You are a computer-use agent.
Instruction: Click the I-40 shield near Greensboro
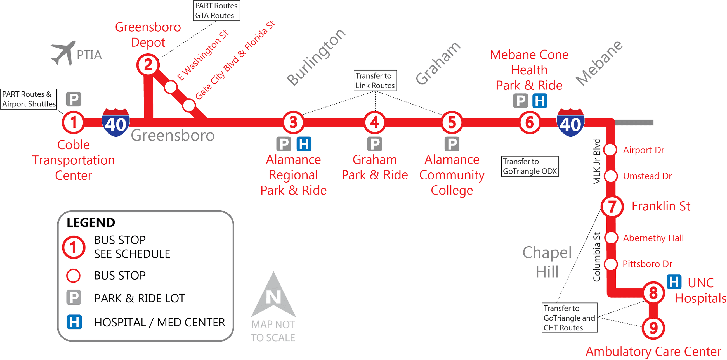pyautogui.click(x=116, y=122)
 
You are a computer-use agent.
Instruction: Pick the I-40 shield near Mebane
pyautogui.click(x=570, y=122)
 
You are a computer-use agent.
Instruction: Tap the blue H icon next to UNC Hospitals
pyautogui.click(x=674, y=282)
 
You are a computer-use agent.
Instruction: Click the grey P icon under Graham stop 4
pyautogui.click(x=374, y=144)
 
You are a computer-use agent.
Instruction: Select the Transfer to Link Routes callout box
pyautogui.click(x=375, y=80)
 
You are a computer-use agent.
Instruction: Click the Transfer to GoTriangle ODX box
pyautogui.click(x=530, y=166)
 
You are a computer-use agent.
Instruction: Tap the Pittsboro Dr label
pyautogui.click(x=647, y=264)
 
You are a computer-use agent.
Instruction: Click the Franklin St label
pyautogui.click(x=661, y=206)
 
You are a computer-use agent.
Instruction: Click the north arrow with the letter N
pyautogui.click(x=273, y=295)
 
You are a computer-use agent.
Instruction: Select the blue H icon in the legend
pyautogui.click(x=74, y=322)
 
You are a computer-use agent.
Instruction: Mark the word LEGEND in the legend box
pyautogui.click(x=91, y=222)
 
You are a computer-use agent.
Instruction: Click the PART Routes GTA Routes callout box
pyautogui.click(x=216, y=10)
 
